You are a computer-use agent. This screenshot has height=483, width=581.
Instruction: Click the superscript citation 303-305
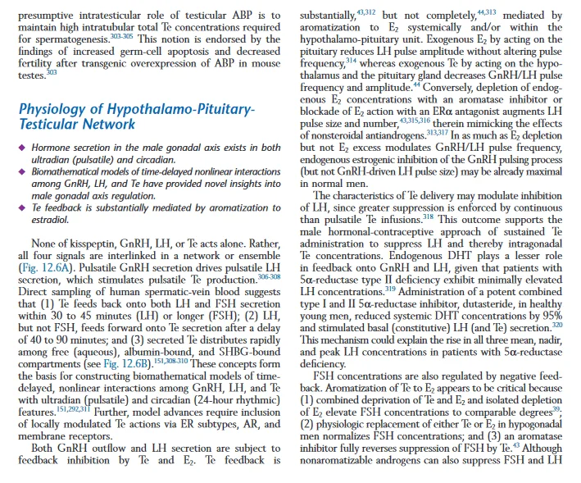pos(121,36)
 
